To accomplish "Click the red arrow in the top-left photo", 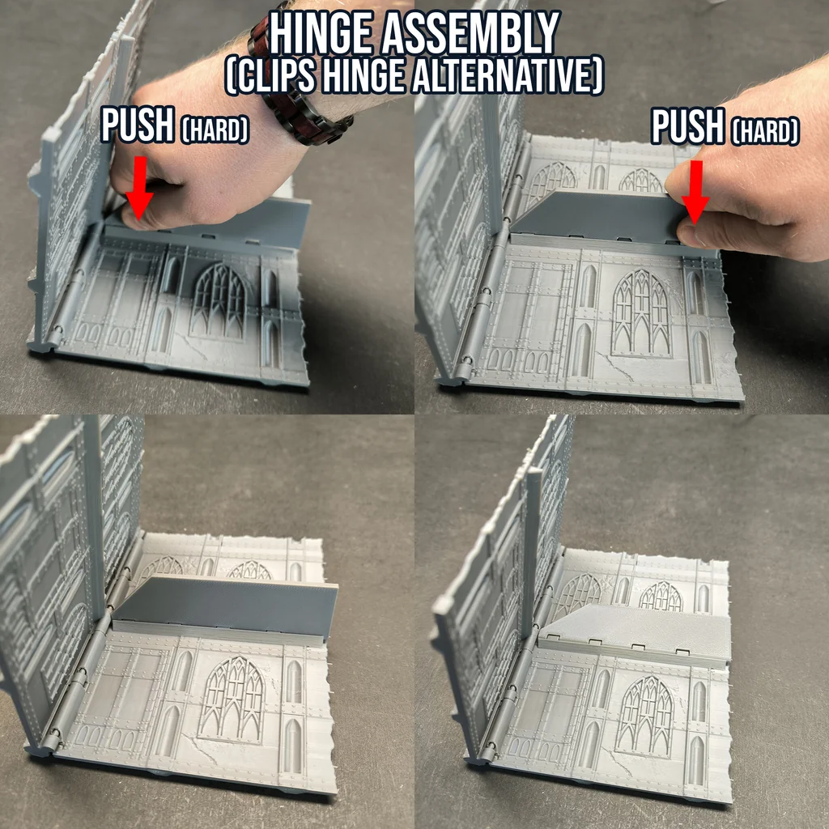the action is tap(139, 188).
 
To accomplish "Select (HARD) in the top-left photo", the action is tap(215, 129).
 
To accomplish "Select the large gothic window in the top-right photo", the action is tap(641, 313).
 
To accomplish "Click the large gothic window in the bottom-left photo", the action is tap(232, 699).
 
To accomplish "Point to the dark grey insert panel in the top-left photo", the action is tap(232, 221).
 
